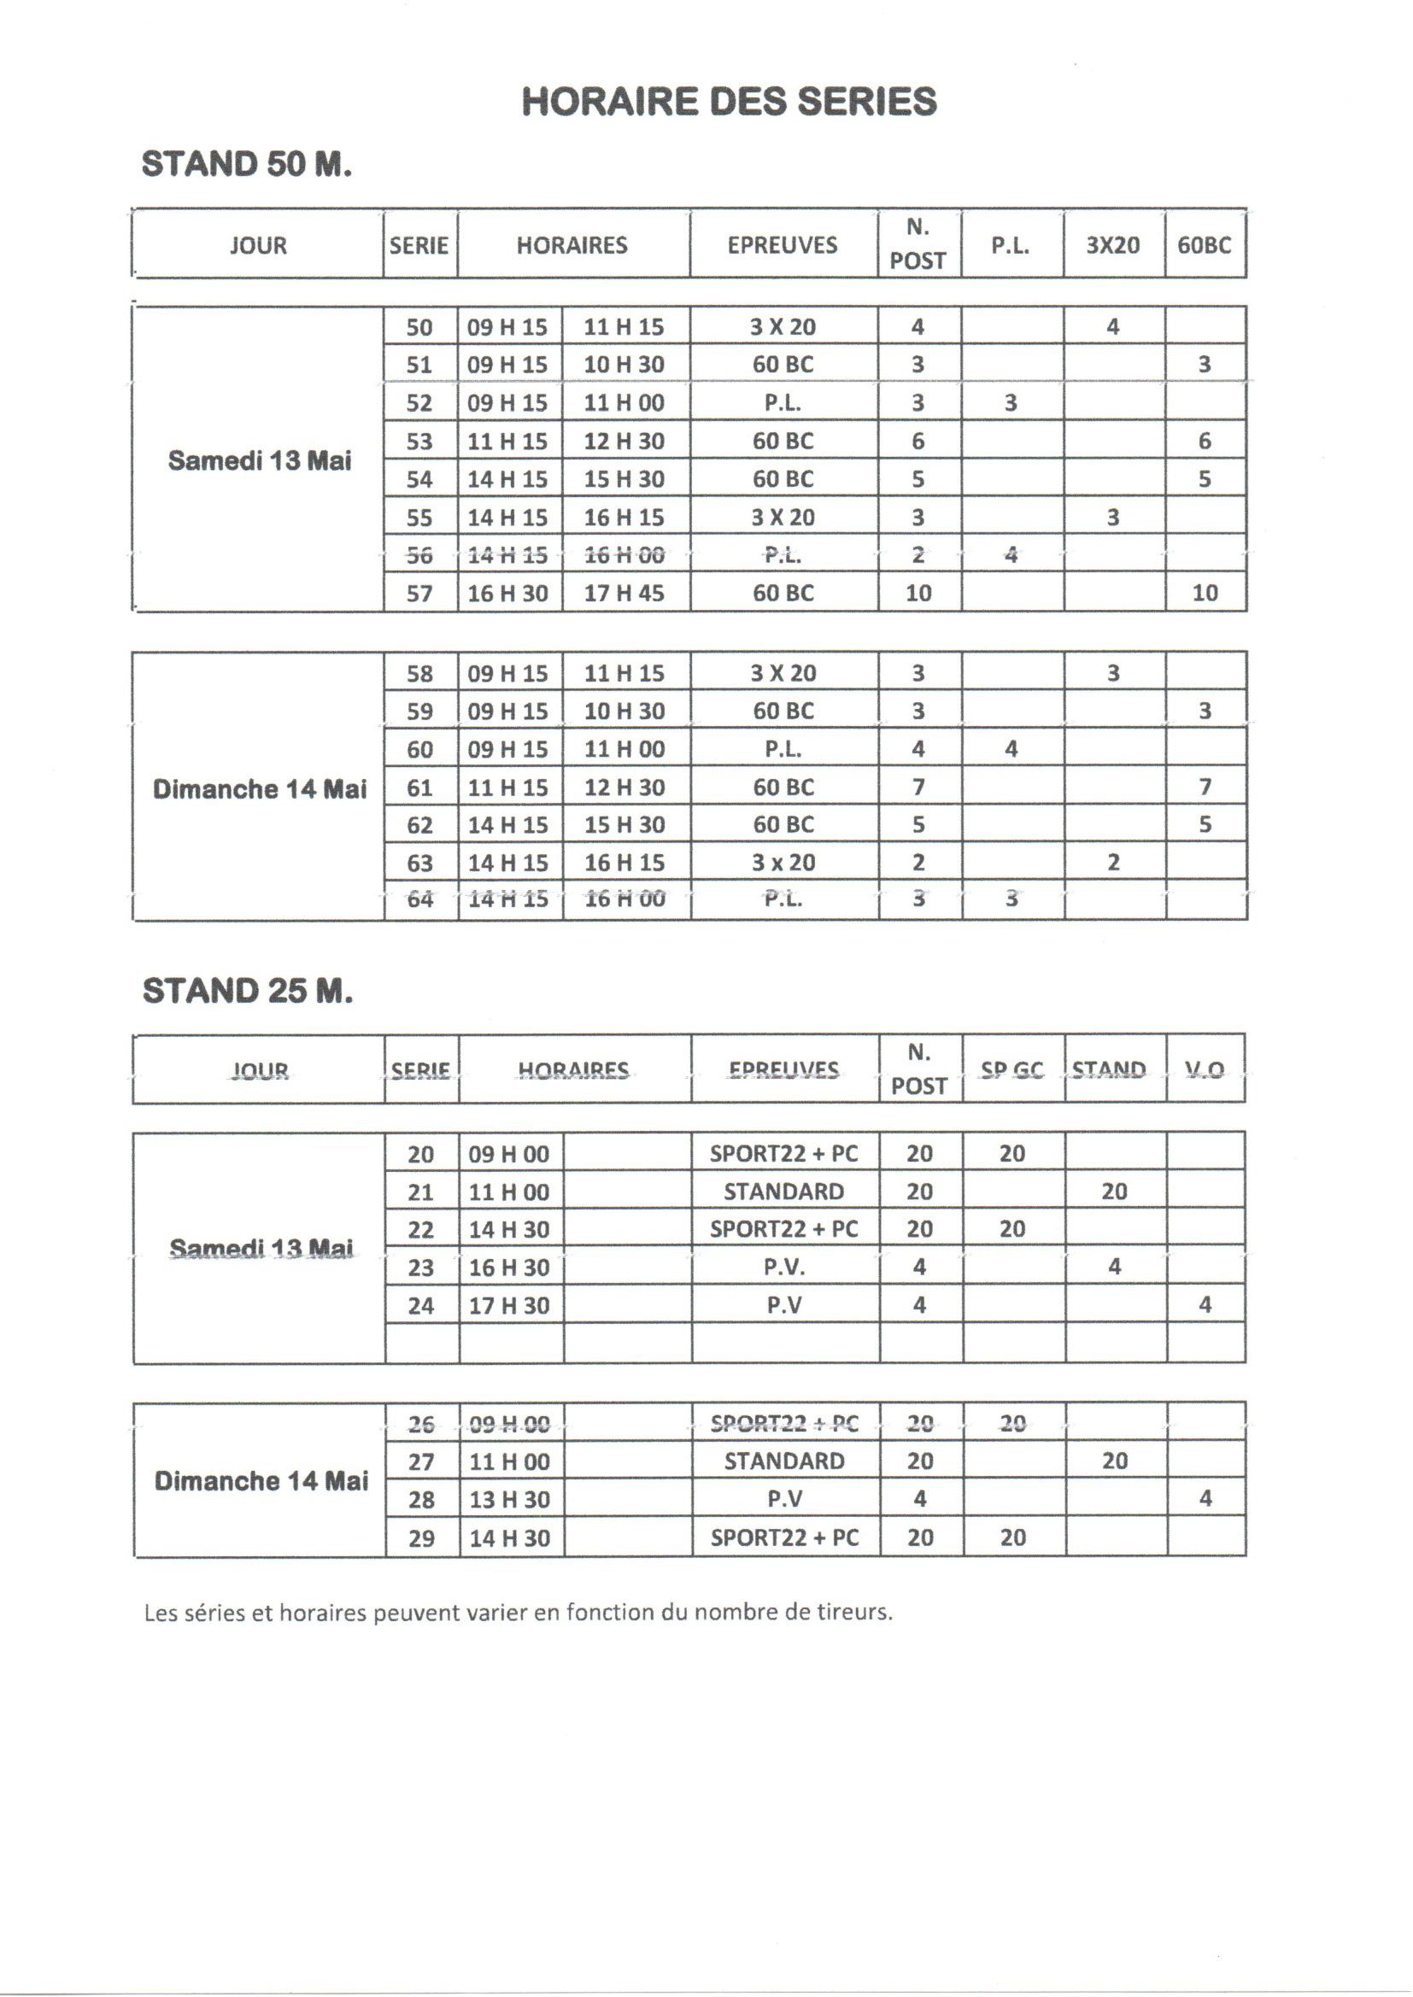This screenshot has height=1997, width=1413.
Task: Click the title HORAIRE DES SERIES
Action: [729, 102]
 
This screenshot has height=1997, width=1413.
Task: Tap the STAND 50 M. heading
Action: [246, 164]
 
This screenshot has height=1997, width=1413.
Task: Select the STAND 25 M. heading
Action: [247, 991]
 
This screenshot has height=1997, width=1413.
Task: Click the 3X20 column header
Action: [1113, 245]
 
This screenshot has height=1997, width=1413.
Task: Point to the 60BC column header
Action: [1205, 245]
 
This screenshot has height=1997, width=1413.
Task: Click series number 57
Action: [419, 593]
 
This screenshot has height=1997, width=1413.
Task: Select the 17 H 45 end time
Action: [624, 593]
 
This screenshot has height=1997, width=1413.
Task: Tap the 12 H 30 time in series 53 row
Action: [624, 441]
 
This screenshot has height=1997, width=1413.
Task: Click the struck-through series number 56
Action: [419, 555]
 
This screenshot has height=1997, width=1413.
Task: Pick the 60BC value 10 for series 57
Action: [1205, 593]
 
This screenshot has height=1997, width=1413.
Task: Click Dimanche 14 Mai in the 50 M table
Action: [260, 789]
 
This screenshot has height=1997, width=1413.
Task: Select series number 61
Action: [419, 788]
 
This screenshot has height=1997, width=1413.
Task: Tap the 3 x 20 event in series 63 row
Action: [783, 863]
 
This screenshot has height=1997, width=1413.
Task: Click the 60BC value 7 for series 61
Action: [1205, 788]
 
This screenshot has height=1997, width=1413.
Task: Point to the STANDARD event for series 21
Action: [784, 1192]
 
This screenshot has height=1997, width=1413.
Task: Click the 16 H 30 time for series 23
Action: [509, 1268]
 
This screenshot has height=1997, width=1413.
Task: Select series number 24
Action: [421, 1305]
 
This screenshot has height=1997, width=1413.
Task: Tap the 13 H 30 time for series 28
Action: [509, 1500]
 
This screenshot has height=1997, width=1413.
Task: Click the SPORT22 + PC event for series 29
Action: [784, 1537]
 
